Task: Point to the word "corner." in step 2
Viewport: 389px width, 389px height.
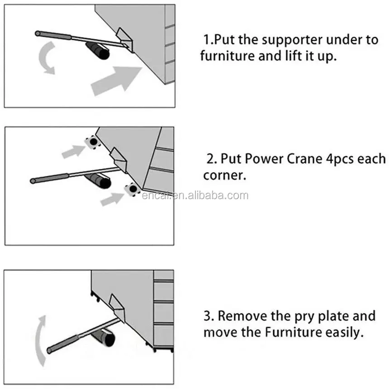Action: tap(225, 176)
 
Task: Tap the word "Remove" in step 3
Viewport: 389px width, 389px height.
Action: tap(247, 316)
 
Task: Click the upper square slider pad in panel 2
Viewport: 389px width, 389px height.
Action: tap(93, 142)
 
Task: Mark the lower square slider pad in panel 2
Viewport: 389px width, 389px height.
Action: tap(132, 189)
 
